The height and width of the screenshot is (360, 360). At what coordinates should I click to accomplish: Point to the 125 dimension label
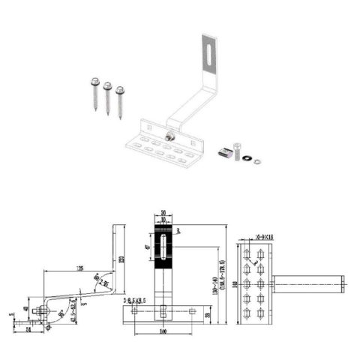pyautogui.click(x=79, y=268)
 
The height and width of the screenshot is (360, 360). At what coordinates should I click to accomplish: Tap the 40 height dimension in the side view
pyautogui.click(x=26, y=307)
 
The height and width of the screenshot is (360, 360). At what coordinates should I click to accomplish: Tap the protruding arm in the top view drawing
pyautogui.click(x=307, y=283)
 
